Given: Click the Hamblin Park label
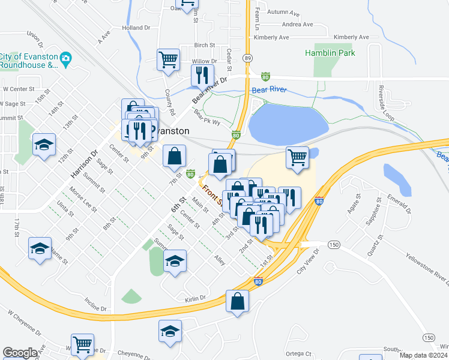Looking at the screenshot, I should point(330,53).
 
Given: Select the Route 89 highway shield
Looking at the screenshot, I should point(247,58).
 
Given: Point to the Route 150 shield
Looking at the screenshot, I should point(334,244).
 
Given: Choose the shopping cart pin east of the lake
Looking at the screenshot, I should point(297,157).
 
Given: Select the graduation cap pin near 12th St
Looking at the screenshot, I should point(44,145).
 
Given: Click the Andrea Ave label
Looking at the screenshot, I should point(298,25).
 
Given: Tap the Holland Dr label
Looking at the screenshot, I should point(136,28).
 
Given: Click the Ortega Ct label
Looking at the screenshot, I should point(300,353).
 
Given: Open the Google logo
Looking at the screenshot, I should point(20,353).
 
